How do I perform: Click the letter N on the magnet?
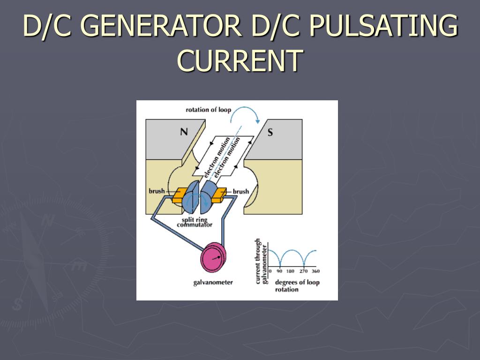(x=184, y=132)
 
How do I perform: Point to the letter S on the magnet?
(x=270, y=132)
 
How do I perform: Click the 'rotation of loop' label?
(x=208, y=110)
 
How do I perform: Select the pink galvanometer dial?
(x=213, y=257)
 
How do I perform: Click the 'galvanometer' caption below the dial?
(x=213, y=282)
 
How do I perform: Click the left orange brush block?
(x=179, y=195)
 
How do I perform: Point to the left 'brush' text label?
(x=157, y=191)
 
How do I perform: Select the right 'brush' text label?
(x=241, y=191)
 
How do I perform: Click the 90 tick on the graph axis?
(x=280, y=271)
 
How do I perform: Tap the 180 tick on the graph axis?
(x=291, y=271)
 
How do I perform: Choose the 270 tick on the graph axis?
(x=304, y=271)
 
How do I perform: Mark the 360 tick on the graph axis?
(x=316, y=271)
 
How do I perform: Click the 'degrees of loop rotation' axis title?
(x=297, y=286)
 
